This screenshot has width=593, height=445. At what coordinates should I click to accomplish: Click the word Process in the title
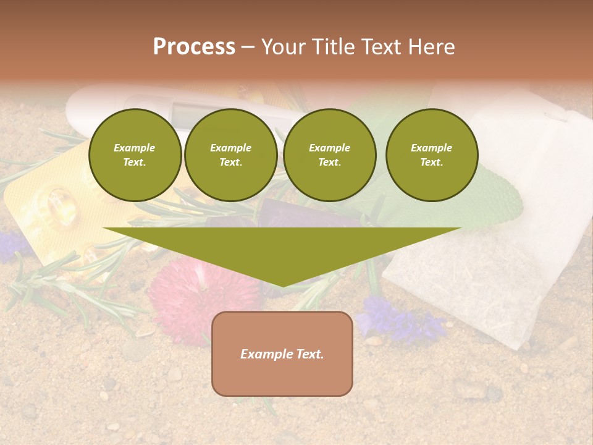(x=194, y=47)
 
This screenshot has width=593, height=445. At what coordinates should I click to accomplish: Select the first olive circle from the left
(x=135, y=155)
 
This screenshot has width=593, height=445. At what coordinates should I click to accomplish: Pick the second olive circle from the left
(x=231, y=155)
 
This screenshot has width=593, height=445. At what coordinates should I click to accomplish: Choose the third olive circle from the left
(x=330, y=155)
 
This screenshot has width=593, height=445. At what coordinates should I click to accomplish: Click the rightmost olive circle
(x=432, y=155)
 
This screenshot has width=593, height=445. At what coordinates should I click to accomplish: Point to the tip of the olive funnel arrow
(x=282, y=285)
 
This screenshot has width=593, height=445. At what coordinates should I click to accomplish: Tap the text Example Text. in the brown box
(x=282, y=354)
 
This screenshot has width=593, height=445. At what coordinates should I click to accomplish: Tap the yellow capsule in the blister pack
(x=59, y=207)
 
